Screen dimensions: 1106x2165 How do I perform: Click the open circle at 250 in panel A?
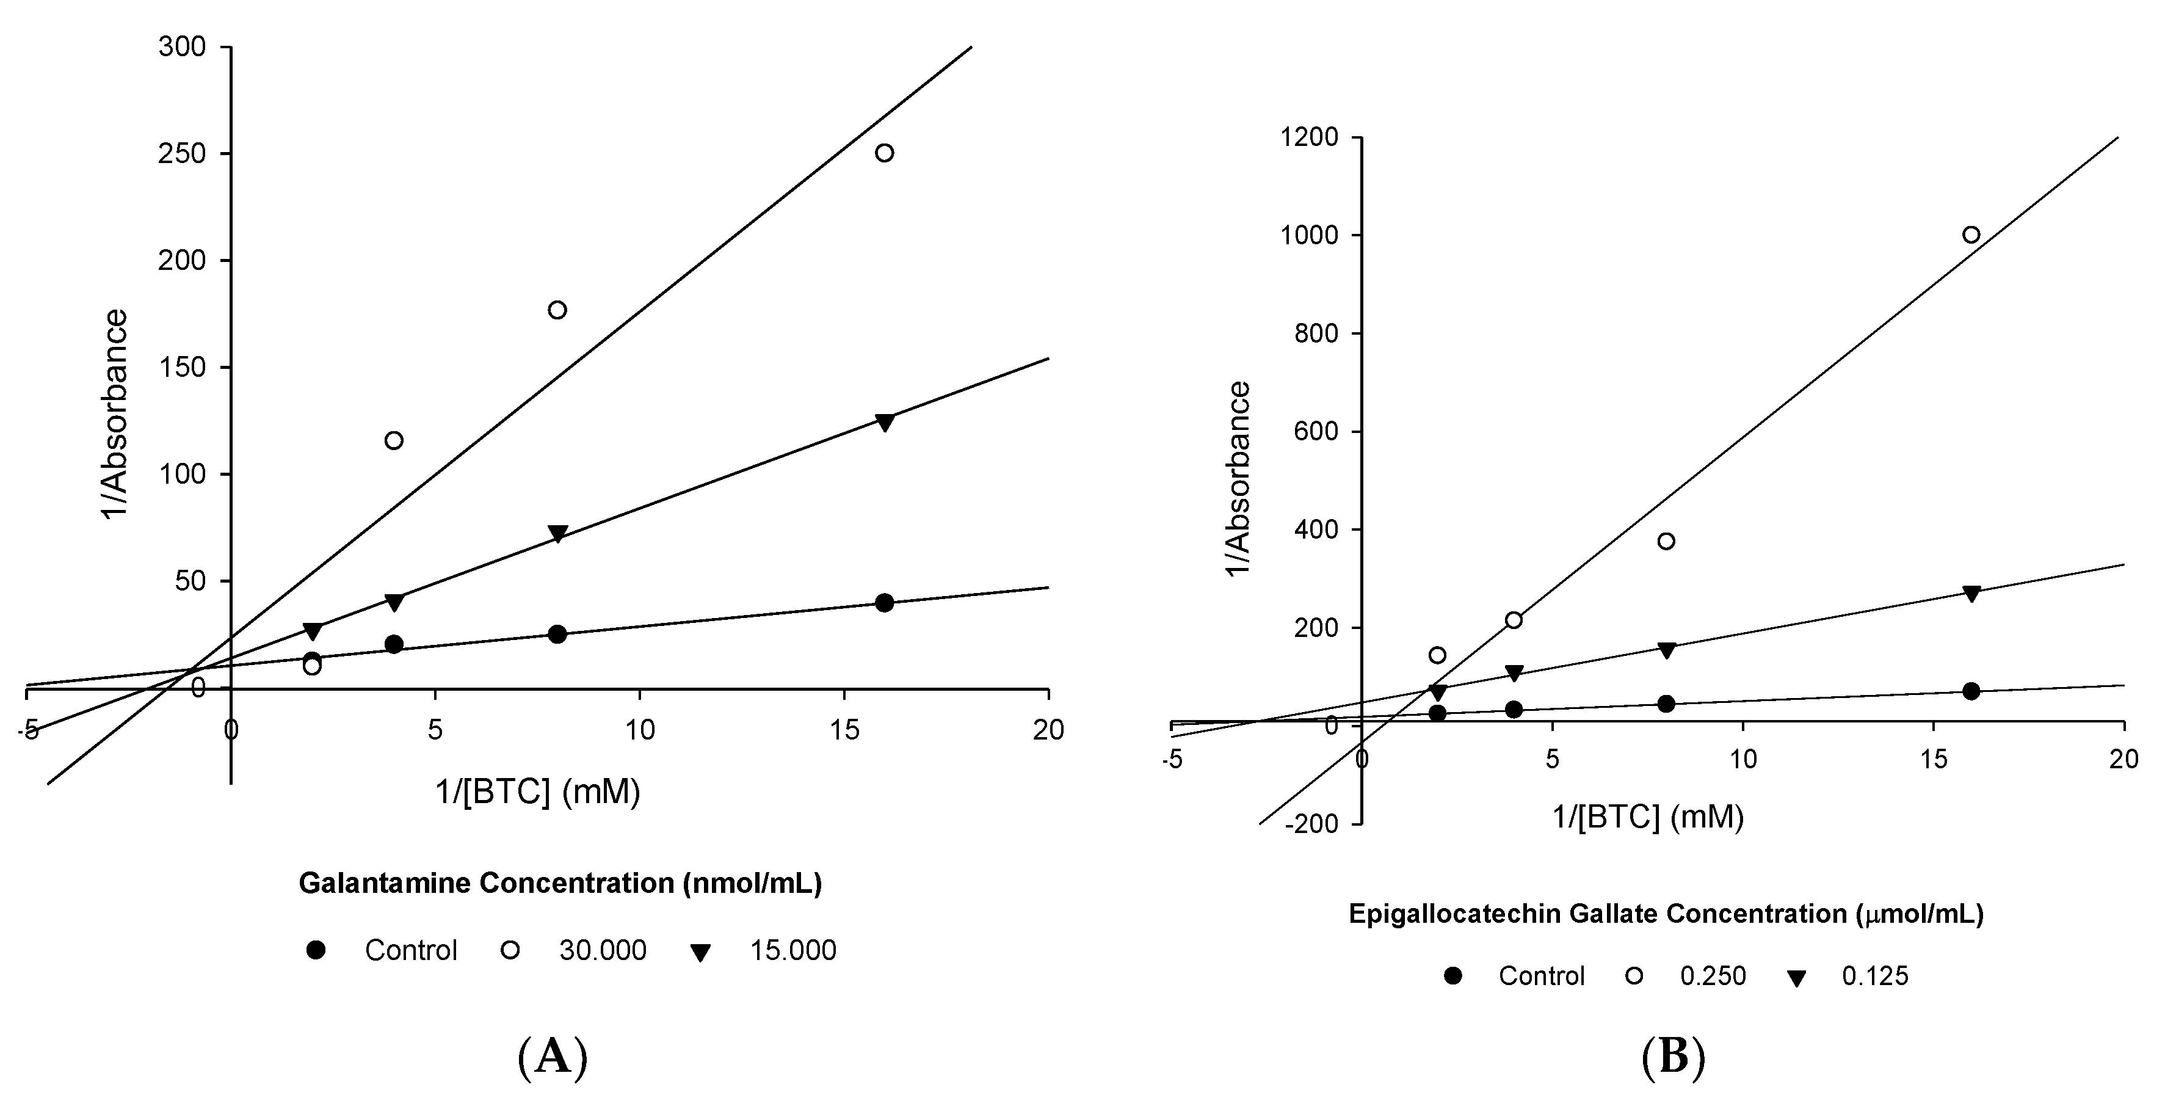pyautogui.click(x=884, y=153)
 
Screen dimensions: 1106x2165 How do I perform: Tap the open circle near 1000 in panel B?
pyautogui.click(x=1971, y=235)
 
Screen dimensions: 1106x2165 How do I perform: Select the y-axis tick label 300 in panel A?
pyautogui.click(x=181, y=47)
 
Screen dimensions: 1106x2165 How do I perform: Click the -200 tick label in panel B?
pyautogui.click(x=1310, y=824)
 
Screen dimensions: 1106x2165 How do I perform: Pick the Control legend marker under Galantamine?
pyautogui.click(x=316, y=950)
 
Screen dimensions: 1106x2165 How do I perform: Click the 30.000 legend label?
pyautogui.click(x=603, y=950)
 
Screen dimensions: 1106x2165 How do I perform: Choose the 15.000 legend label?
pyautogui.click(x=792, y=950)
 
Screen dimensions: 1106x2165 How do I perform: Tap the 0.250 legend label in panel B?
pyautogui.click(x=1713, y=976)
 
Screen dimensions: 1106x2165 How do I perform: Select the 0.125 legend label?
pyautogui.click(x=1875, y=976)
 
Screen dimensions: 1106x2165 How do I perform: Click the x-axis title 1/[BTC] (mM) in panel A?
pyautogui.click(x=538, y=791)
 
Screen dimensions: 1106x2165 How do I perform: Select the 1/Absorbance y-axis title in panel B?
pyautogui.click(x=1239, y=478)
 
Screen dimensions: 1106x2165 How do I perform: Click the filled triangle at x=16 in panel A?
pyautogui.click(x=884, y=423)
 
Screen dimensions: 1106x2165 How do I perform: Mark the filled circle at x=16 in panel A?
pyautogui.click(x=884, y=603)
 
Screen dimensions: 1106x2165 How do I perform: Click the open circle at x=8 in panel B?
pyautogui.click(x=1666, y=541)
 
